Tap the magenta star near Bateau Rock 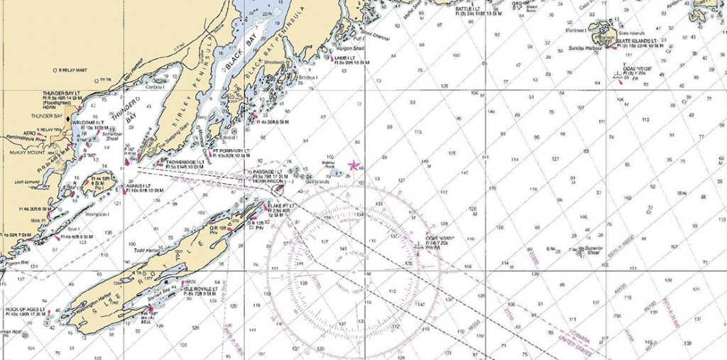354,165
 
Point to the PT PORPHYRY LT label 231,151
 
